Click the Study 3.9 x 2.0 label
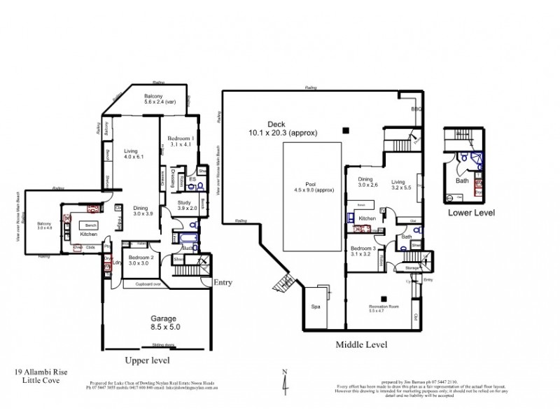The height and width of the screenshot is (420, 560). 182,206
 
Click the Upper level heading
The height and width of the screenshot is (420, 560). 148,360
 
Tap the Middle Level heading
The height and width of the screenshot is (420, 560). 361,344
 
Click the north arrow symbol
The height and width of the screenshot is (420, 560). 284,381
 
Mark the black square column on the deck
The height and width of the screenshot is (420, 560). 344,130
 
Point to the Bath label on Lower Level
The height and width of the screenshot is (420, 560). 462,180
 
